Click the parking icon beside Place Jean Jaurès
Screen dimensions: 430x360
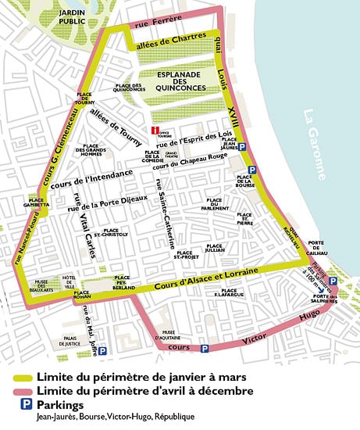coord(242,147)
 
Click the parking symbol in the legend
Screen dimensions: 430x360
coord(20,404)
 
